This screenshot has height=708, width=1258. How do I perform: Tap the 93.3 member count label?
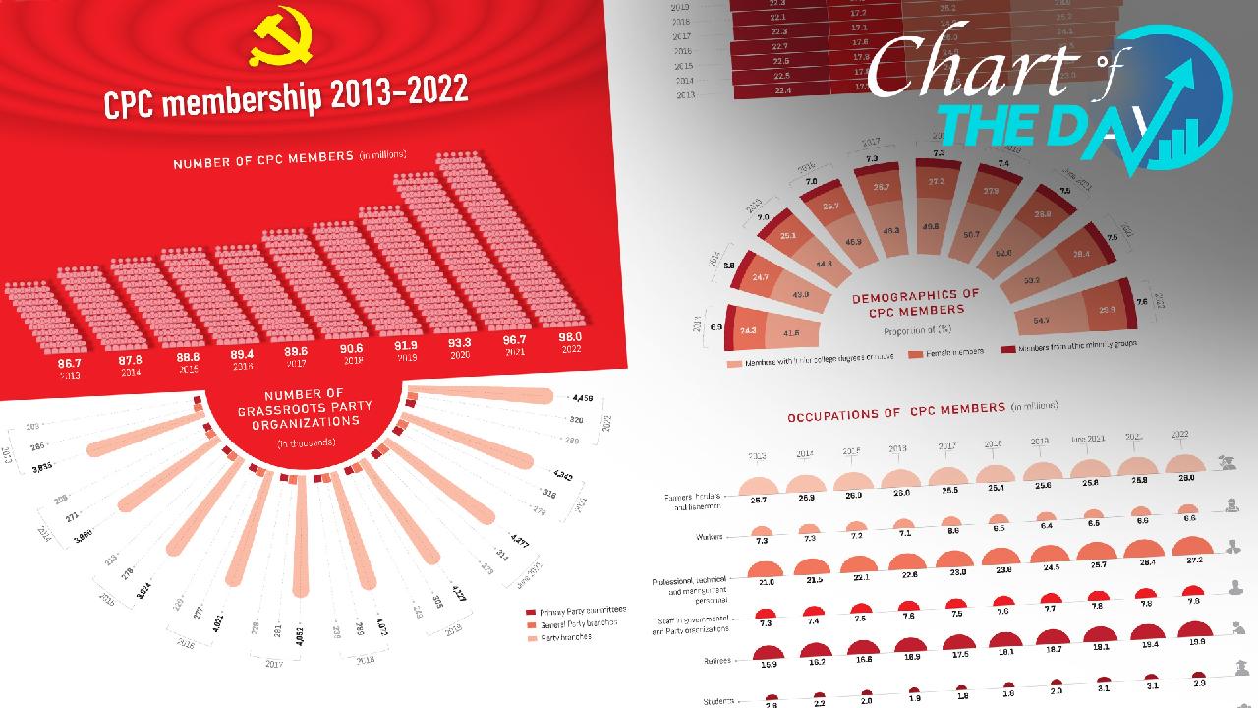tap(460, 342)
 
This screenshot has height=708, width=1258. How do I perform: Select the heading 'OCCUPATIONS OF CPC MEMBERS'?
tap(894, 412)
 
